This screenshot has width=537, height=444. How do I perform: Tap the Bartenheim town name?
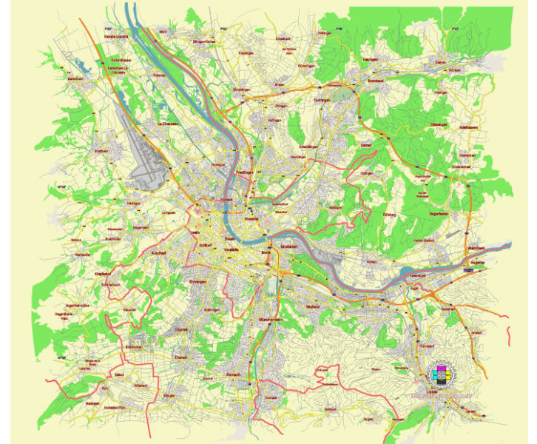coord(75,78)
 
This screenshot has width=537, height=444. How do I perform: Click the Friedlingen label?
coord(245,172)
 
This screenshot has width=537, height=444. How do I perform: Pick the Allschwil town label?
coord(178,254)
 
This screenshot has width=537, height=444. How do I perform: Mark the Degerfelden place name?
coord(439,214)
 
